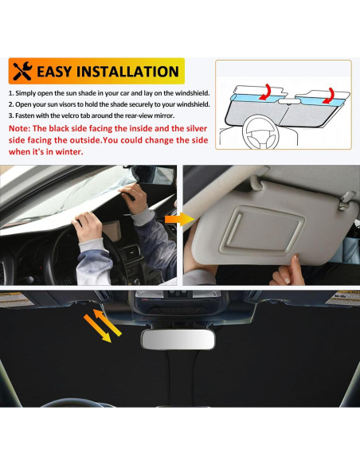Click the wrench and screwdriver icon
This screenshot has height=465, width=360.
(23, 72)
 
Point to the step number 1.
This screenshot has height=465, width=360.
(12, 93)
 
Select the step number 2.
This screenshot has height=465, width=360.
(12, 104)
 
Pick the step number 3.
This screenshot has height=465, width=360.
(12, 115)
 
